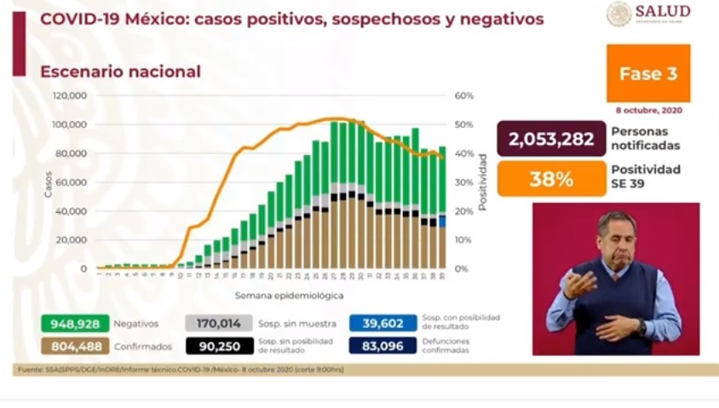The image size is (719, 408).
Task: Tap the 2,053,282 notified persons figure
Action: pos(551,139)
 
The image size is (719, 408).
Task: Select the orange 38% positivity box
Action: pos(551,180)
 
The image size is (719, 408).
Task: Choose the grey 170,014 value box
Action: pos(219,324)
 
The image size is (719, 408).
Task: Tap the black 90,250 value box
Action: pos(219,346)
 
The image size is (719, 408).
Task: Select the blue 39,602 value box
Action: pos(383,324)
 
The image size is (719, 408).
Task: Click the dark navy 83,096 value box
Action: pos(383,346)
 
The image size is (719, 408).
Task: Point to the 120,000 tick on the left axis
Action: pos(70,96)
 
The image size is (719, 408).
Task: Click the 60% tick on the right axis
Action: pos(463,96)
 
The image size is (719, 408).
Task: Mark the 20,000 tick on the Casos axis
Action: pos(72,239)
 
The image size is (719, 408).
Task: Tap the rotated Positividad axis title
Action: pos(482,182)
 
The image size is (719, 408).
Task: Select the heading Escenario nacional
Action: pos(120,72)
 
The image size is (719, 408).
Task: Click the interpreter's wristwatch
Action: pos(641,326)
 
